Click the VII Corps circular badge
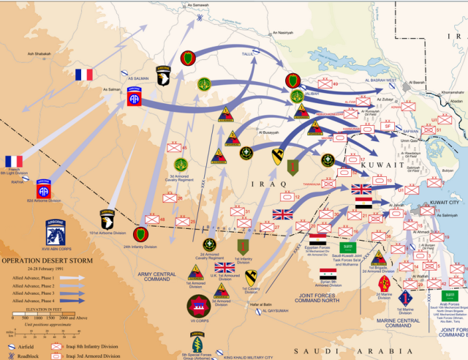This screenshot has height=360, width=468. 199,306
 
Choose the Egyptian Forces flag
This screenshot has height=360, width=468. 318,240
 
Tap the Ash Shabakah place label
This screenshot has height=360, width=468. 42,53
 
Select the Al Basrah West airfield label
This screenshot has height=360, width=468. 381,80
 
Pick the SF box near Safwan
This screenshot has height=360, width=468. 388,127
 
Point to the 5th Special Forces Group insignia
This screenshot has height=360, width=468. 197,342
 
